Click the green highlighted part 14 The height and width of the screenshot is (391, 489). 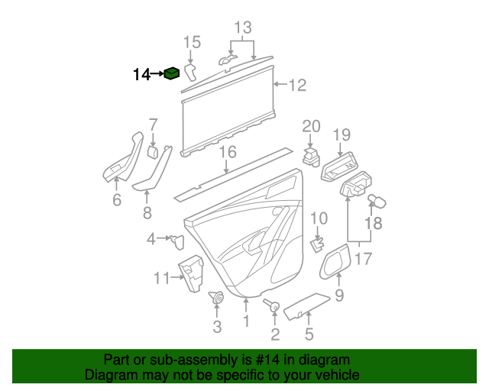(x=173, y=74)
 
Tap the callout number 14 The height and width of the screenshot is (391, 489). (x=141, y=74)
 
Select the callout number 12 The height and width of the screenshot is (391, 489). (x=296, y=85)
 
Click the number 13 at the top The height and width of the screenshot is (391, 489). (x=242, y=28)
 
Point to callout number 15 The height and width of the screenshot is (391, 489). (x=192, y=41)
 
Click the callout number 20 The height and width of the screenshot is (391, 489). (x=311, y=126)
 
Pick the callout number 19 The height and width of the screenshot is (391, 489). (x=341, y=135)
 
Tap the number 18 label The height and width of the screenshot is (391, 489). (x=372, y=223)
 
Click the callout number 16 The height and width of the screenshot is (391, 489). (x=228, y=152)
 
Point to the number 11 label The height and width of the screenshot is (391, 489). (x=161, y=278)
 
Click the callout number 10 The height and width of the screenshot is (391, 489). (x=319, y=218)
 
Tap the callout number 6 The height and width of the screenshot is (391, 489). (x=117, y=200)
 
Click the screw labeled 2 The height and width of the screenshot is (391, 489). (x=272, y=306)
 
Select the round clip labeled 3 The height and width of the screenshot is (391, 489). (x=216, y=298)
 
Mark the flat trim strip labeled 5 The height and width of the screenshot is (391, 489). (x=307, y=305)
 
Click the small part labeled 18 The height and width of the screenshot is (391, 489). (x=378, y=202)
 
